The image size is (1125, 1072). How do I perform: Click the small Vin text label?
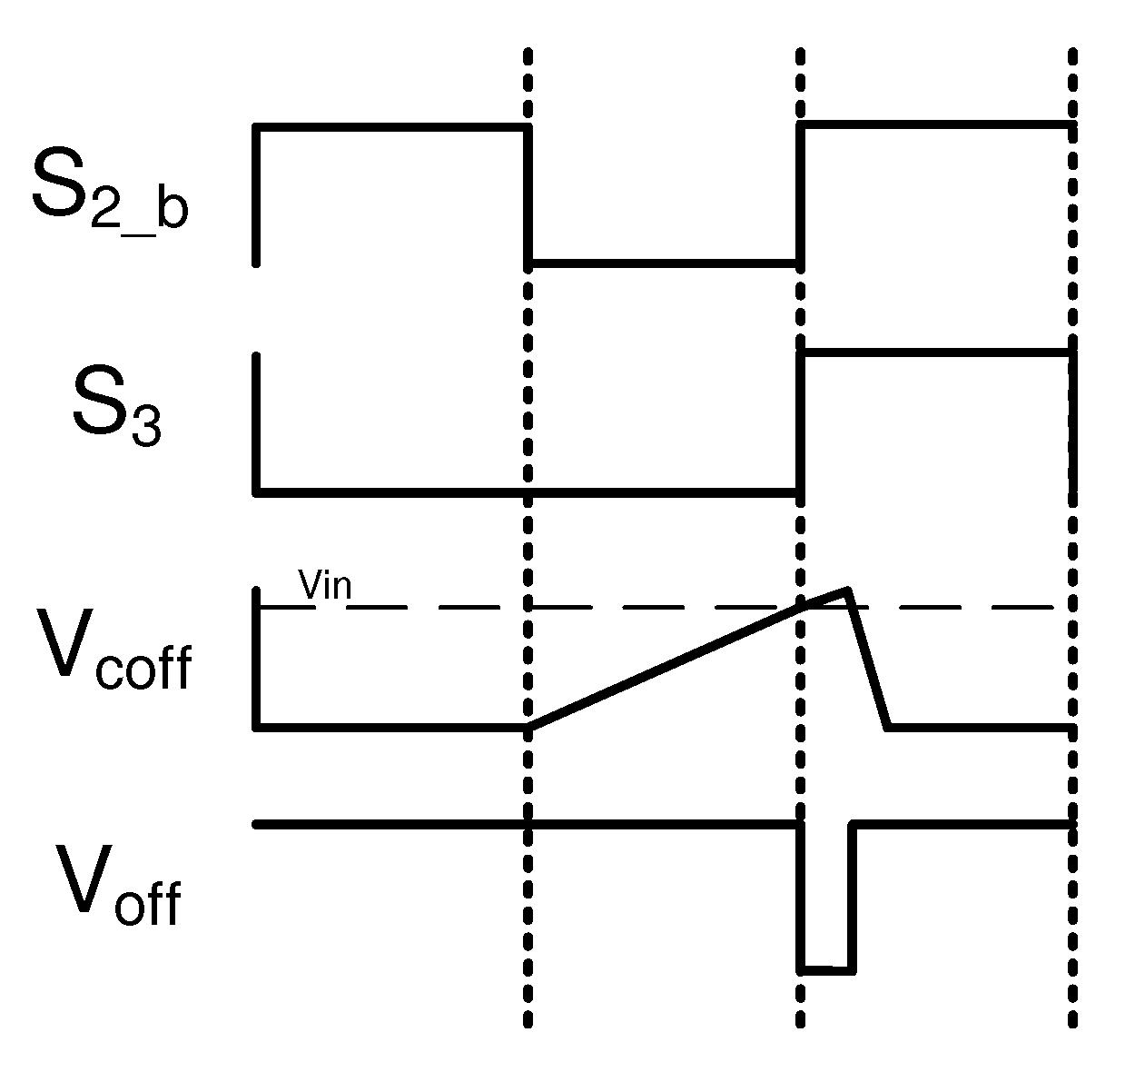(325, 585)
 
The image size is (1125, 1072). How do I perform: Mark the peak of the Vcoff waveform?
(846, 591)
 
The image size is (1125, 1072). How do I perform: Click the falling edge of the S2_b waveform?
(528, 195)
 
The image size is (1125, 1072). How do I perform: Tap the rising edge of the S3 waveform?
(800, 422)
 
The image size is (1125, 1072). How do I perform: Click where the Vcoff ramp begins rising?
(529, 727)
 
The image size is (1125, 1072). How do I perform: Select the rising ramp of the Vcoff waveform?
(663, 668)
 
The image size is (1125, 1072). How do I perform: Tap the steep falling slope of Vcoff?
(867, 659)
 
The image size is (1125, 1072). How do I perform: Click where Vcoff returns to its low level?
(888, 727)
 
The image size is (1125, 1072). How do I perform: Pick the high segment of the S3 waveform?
(935, 352)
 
